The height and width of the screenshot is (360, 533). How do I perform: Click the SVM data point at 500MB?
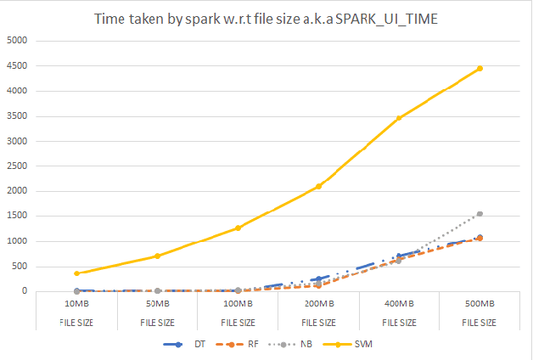coord(480,68)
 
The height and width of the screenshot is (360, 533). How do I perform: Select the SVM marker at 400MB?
coord(399,118)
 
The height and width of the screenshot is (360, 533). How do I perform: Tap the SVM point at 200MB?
coord(318,186)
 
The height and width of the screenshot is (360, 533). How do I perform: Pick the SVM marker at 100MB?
coord(238,228)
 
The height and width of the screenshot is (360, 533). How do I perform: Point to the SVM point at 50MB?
coord(157,256)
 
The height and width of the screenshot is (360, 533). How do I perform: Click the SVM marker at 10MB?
coord(76,273)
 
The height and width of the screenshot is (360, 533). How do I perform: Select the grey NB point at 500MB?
coord(480,214)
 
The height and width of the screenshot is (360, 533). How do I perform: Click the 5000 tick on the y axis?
coord(16,41)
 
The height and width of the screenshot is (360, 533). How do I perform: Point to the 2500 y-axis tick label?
coord(16,166)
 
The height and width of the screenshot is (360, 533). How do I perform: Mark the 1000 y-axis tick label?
coord(16,242)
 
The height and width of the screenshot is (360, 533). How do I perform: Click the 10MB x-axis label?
coord(76,303)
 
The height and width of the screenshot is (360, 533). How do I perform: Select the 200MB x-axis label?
coord(318,303)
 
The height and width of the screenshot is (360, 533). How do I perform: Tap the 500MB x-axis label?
coord(480,303)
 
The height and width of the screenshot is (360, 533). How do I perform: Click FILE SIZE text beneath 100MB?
coord(238,322)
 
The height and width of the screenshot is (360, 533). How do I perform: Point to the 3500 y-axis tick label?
coord(16,116)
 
